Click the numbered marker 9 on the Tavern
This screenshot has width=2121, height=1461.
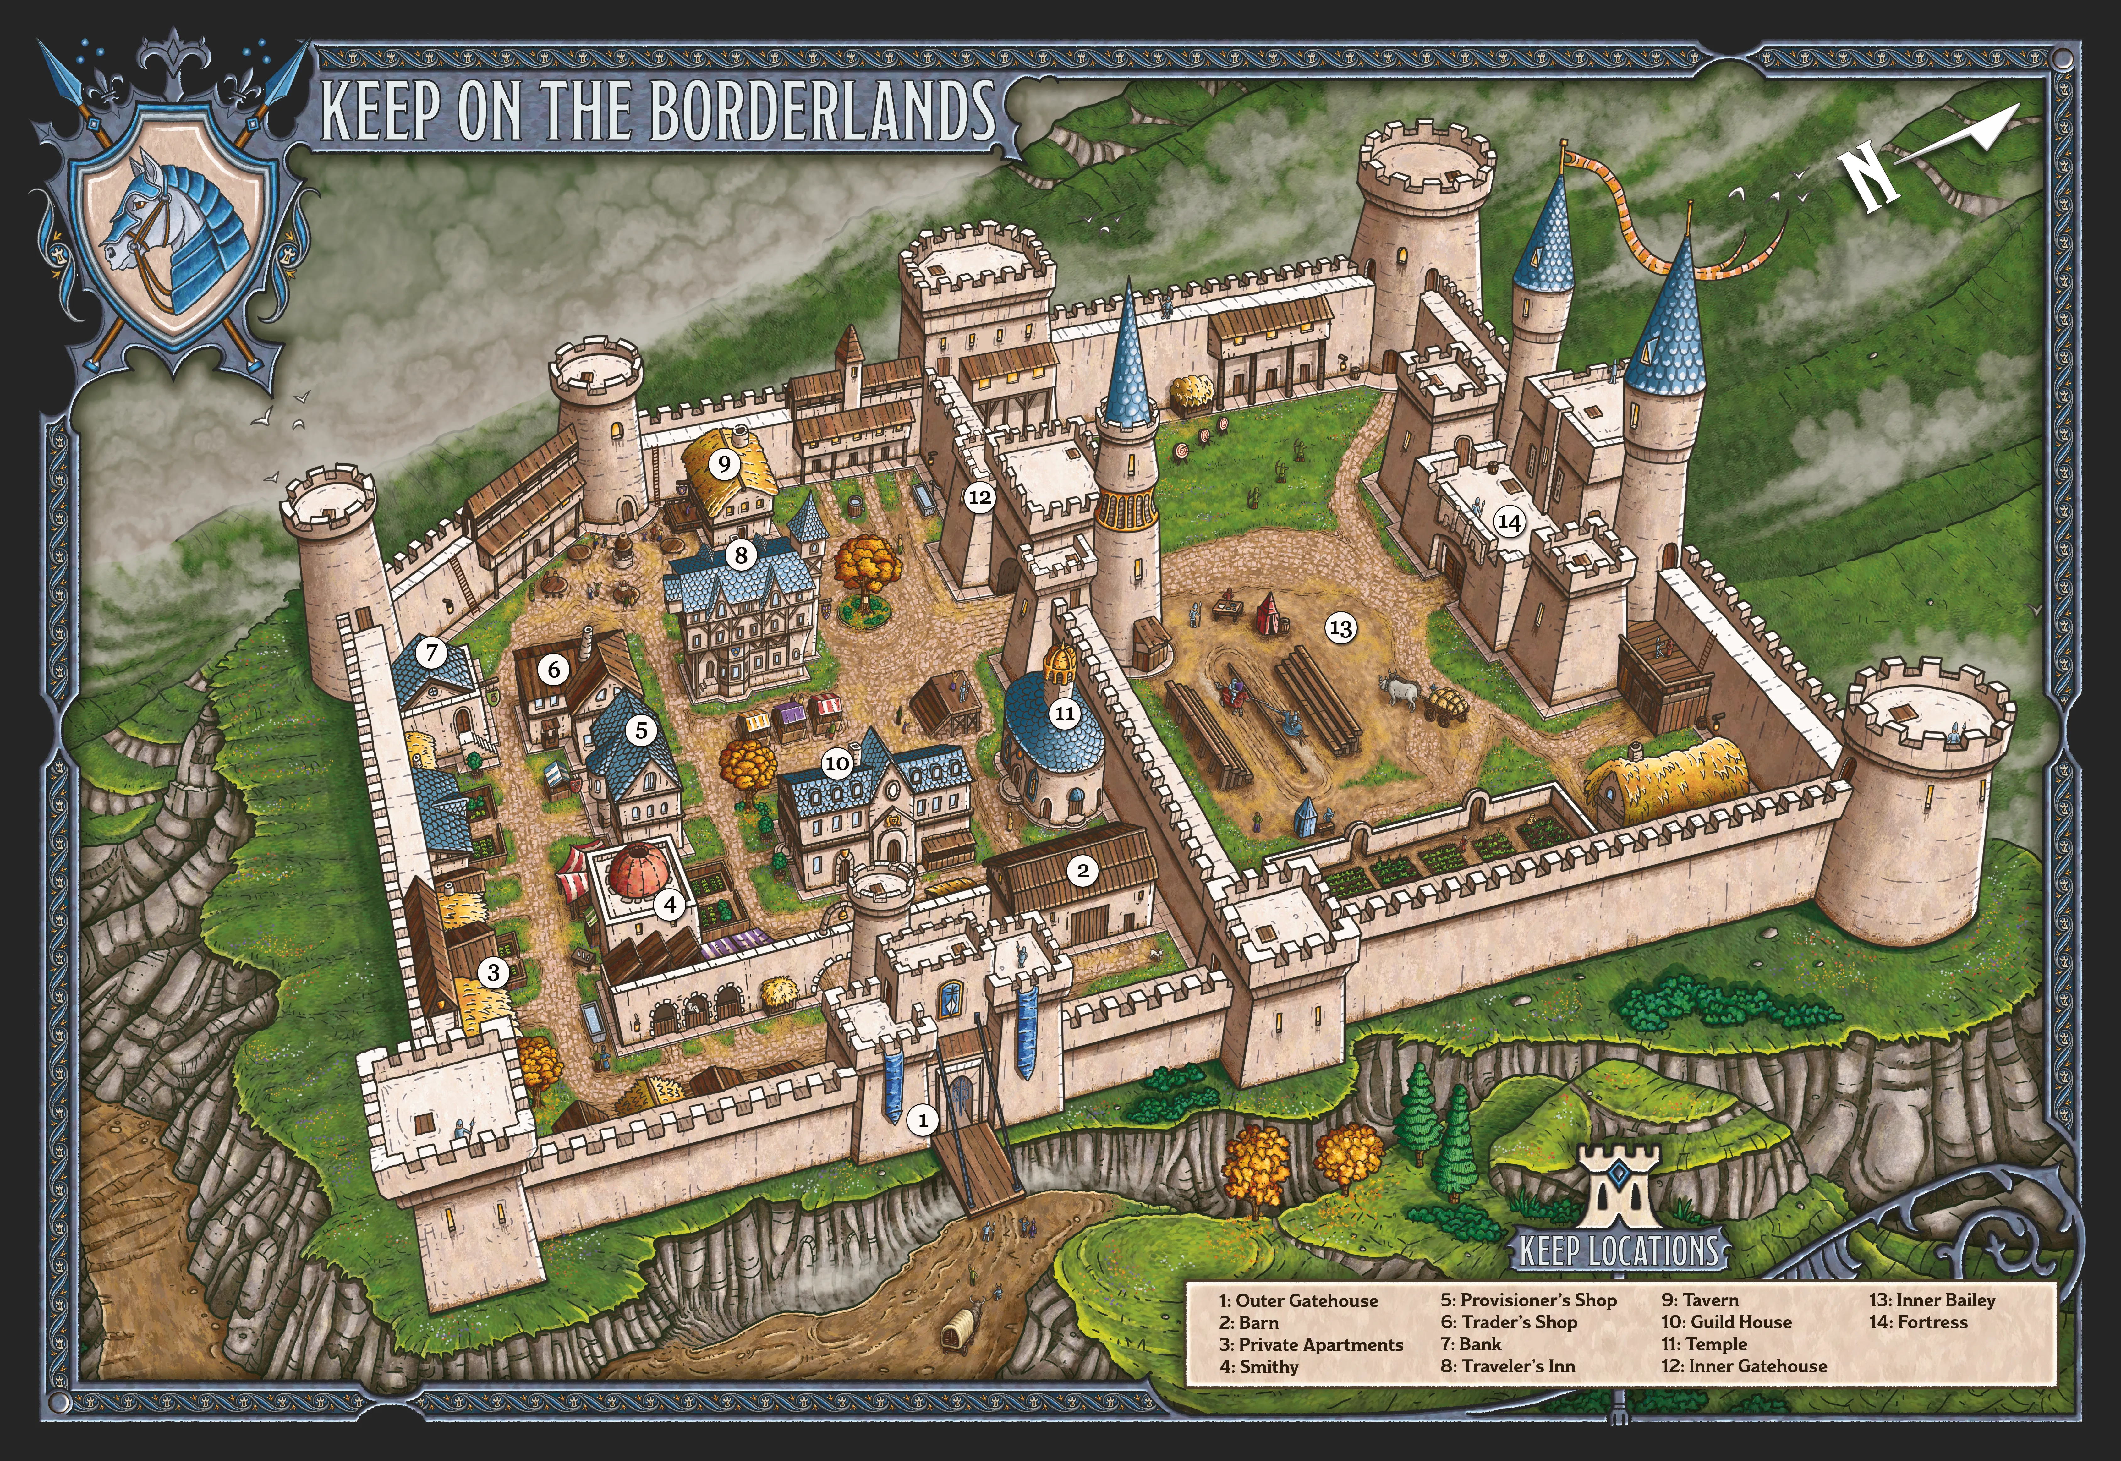pyautogui.click(x=724, y=464)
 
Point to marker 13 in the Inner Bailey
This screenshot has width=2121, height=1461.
pyautogui.click(x=1340, y=628)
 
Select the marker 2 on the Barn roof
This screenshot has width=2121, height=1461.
pyautogui.click(x=1083, y=871)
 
